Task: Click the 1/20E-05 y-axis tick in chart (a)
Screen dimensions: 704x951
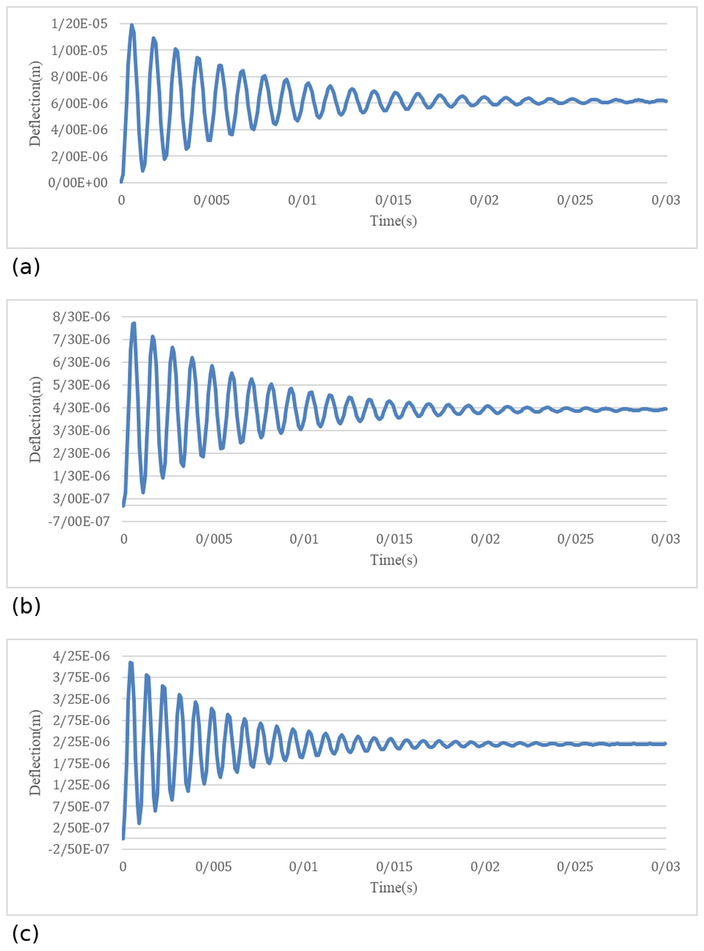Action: click(79, 23)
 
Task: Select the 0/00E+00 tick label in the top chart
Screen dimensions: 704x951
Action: click(78, 182)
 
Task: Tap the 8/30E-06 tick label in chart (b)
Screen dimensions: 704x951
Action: click(82, 317)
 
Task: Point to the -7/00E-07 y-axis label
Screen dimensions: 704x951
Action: click(79, 522)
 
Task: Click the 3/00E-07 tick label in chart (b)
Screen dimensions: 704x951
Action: click(82, 499)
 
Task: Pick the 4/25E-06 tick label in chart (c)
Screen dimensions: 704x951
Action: click(82, 656)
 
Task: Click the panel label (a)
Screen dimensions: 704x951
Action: click(26, 267)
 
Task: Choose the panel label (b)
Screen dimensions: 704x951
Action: click(26, 606)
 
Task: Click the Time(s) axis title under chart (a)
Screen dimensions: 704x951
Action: click(394, 221)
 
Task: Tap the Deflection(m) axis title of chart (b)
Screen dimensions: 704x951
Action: click(35, 419)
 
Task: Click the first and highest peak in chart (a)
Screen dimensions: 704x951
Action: click(131, 25)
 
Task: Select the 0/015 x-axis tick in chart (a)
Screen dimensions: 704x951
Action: click(393, 200)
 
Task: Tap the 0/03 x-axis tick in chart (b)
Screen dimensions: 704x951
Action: click(665, 539)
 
